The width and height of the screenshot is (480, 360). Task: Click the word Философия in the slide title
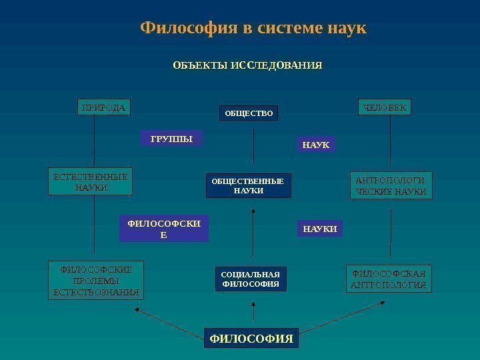[x=181, y=29]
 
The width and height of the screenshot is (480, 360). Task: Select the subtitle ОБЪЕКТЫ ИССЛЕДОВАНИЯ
[x=247, y=66]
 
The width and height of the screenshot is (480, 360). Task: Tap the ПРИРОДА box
[x=103, y=107]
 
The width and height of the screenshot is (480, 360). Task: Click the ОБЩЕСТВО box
[x=249, y=114]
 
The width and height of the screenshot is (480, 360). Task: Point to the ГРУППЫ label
[x=171, y=139]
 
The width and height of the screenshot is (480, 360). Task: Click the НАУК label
[x=316, y=144]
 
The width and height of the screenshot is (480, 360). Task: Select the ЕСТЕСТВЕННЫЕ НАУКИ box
[x=90, y=182]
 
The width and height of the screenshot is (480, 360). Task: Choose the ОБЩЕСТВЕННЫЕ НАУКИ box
[x=248, y=186]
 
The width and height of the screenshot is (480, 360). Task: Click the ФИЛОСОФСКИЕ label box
[x=164, y=228]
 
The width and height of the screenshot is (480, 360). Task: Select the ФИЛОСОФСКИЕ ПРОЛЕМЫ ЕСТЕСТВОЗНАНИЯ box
[x=96, y=281]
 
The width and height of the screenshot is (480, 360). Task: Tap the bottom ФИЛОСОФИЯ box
[x=251, y=339]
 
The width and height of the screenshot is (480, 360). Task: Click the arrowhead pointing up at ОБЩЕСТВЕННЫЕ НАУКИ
[x=253, y=212]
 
